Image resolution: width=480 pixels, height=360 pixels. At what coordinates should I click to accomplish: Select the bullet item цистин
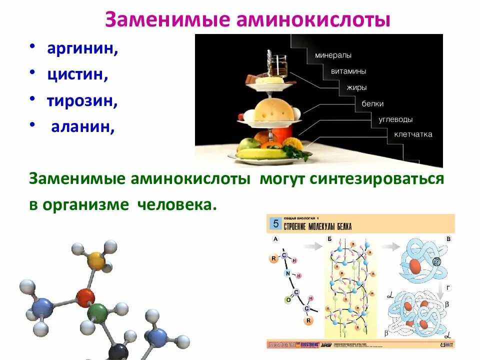click(x=78, y=75)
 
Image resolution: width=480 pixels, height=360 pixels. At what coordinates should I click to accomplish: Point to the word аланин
click(x=83, y=127)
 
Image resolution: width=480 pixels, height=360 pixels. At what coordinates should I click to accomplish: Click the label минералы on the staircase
click(x=333, y=55)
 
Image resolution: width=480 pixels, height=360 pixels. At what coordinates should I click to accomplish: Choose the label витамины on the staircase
click(x=349, y=71)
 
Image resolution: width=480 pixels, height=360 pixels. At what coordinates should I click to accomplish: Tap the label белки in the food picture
click(x=372, y=103)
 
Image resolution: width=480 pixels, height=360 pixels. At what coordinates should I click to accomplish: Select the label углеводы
click(x=395, y=119)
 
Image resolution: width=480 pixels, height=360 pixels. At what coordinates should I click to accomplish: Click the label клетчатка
click(x=413, y=134)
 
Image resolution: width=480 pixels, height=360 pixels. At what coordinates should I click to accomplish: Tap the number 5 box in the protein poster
click(x=274, y=224)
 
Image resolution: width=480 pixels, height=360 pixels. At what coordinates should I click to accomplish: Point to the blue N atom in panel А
click(x=287, y=273)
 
